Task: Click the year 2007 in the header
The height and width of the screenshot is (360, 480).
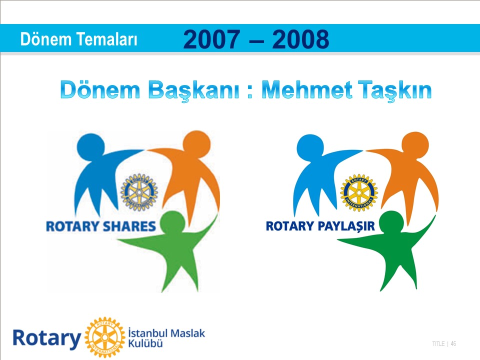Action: pyautogui.click(x=211, y=39)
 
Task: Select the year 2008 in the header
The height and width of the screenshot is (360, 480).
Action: pyautogui.click(x=300, y=39)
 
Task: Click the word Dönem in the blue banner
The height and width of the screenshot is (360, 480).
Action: pyautogui.click(x=45, y=39)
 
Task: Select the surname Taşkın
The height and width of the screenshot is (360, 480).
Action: pyautogui.click(x=395, y=90)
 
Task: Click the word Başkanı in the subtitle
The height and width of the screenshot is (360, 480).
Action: pyautogui.click(x=193, y=90)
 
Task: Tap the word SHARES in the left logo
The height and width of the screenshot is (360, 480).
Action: pyautogui.click(x=129, y=226)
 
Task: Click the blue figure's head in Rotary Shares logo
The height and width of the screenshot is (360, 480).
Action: pyautogui.click(x=90, y=146)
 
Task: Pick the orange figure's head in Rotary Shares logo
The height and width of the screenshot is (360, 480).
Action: pyautogui.click(x=196, y=144)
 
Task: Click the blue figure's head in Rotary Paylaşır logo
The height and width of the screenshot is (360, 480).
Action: pyautogui.click(x=310, y=147)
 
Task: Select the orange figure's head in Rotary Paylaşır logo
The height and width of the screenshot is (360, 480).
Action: pyautogui.click(x=415, y=145)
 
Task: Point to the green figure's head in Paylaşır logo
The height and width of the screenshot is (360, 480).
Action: pyautogui.click(x=392, y=224)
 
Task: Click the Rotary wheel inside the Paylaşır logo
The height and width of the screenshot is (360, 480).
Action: pyautogui.click(x=359, y=192)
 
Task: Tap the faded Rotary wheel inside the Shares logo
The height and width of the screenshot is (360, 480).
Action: pyautogui.click(x=139, y=192)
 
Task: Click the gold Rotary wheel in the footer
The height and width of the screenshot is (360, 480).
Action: pyautogui.click(x=105, y=337)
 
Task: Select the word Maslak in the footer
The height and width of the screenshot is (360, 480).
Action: pyautogui.click(x=187, y=333)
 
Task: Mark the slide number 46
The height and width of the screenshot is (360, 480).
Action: pyautogui.click(x=453, y=344)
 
